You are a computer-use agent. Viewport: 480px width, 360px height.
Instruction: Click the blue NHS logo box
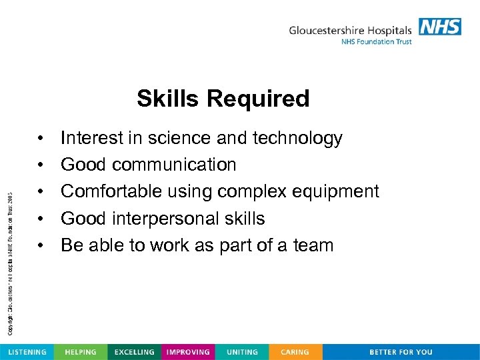pos(440,27)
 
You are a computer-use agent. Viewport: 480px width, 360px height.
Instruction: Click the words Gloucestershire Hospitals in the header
pos(351,30)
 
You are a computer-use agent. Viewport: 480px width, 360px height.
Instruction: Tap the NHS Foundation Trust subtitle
pos(377,42)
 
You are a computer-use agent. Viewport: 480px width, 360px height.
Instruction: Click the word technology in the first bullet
pos(297,139)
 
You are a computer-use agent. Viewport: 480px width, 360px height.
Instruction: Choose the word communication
pos(174,165)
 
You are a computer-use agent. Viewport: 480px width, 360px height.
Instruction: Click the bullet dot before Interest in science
pos(41,139)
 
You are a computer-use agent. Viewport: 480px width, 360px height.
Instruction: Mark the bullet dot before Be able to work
pos(41,245)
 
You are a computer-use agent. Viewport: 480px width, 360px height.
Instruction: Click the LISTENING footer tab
pos(27,352)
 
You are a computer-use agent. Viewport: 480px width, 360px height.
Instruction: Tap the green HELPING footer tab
pos(80,352)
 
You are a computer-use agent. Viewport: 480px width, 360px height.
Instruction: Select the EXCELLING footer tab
pos(134,352)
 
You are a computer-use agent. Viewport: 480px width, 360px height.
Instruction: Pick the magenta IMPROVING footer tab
pos(188,352)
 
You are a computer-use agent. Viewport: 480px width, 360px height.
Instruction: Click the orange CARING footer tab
pos(295,352)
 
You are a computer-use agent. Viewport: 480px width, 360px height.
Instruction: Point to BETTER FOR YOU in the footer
pos(401,352)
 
